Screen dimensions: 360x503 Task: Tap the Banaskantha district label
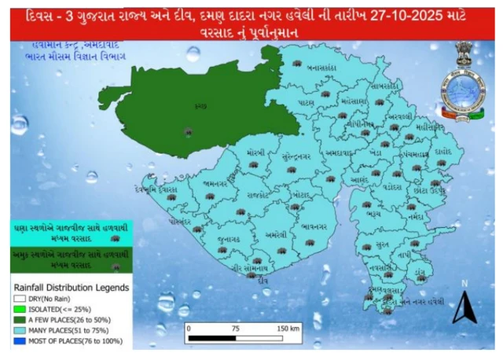tap(322, 68)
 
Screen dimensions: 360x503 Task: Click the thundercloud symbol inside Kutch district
tap(186, 133)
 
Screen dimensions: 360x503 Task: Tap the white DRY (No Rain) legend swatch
tap(18, 298)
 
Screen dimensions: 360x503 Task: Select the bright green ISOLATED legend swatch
tap(18, 309)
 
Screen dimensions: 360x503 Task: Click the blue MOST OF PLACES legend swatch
tap(18, 342)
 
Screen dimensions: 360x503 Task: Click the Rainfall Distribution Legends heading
tap(70, 287)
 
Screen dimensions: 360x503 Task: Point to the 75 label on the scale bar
tap(235, 326)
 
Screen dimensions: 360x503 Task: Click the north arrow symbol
tap(464, 308)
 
